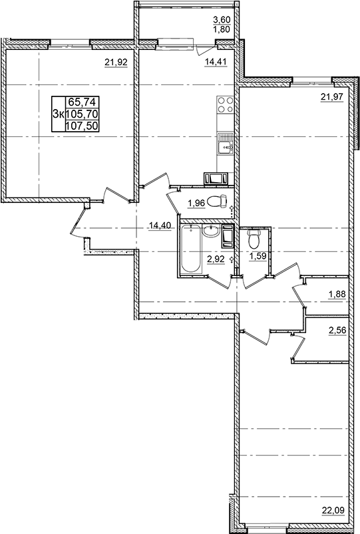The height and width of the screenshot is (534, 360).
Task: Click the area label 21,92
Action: (x=116, y=64)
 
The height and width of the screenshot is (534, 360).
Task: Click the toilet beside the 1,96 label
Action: (x=215, y=201)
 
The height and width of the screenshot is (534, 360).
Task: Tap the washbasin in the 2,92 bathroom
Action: (x=212, y=231)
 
